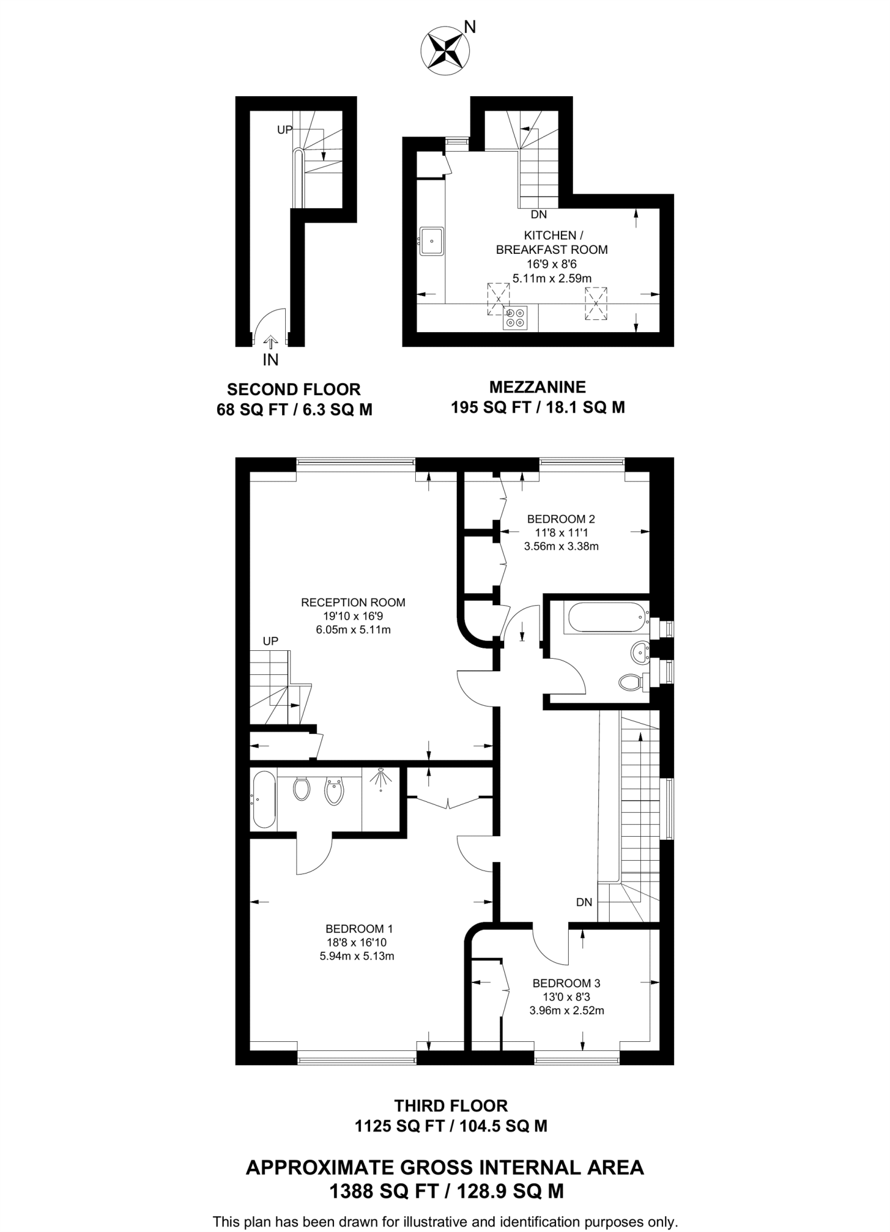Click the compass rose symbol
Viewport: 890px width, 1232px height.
(x=445, y=52)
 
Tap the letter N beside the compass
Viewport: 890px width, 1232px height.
(x=470, y=27)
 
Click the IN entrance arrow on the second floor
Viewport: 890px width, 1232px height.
(x=270, y=343)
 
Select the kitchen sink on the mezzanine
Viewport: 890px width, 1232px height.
(x=431, y=241)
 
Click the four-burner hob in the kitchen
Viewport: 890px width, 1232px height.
(x=516, y=318)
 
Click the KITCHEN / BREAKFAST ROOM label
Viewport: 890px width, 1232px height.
(x=551, y=242)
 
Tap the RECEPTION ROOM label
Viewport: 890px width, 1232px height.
(x=353, y=602)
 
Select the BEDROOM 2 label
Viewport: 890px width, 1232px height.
(x=560, y=519)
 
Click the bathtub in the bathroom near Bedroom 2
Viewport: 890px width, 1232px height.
(x=605, y=617)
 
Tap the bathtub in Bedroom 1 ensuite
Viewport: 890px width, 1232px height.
(x=264, y=799)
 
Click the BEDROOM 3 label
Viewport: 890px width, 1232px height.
(x=566, y=984)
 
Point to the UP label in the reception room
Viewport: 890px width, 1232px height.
(x=270, y=641)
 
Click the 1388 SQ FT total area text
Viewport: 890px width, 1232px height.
(x=446, y=1190)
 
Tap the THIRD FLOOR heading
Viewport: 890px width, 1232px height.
(x=451, y=1106)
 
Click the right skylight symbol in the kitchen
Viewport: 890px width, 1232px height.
(x=596, y=304)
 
